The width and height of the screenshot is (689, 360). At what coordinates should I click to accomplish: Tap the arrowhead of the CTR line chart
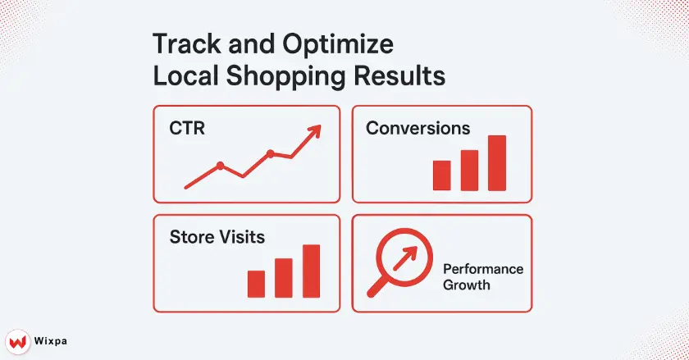pos(314,131)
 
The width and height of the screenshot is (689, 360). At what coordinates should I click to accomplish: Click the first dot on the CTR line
pos(220,166)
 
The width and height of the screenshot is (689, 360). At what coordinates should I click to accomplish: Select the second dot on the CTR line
pos(270,153)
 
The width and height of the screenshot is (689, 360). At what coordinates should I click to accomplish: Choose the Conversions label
pos(418,129)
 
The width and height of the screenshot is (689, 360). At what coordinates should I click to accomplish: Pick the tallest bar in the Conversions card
pos(497,162)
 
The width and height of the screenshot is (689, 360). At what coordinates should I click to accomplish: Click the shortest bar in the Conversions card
pos(442,175)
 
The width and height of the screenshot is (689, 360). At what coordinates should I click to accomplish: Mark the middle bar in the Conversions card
pos(469,170)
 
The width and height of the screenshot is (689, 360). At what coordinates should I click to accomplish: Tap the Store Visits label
pos(217,238)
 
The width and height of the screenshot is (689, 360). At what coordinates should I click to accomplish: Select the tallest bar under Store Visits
pos(311,271)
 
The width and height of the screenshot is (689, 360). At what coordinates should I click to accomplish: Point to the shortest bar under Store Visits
pos(256,284)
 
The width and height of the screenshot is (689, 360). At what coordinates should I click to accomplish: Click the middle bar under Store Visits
pos(284,278)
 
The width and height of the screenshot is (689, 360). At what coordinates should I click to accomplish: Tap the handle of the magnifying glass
pos(378,285)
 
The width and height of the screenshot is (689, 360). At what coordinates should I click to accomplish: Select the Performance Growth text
pos(482,277)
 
